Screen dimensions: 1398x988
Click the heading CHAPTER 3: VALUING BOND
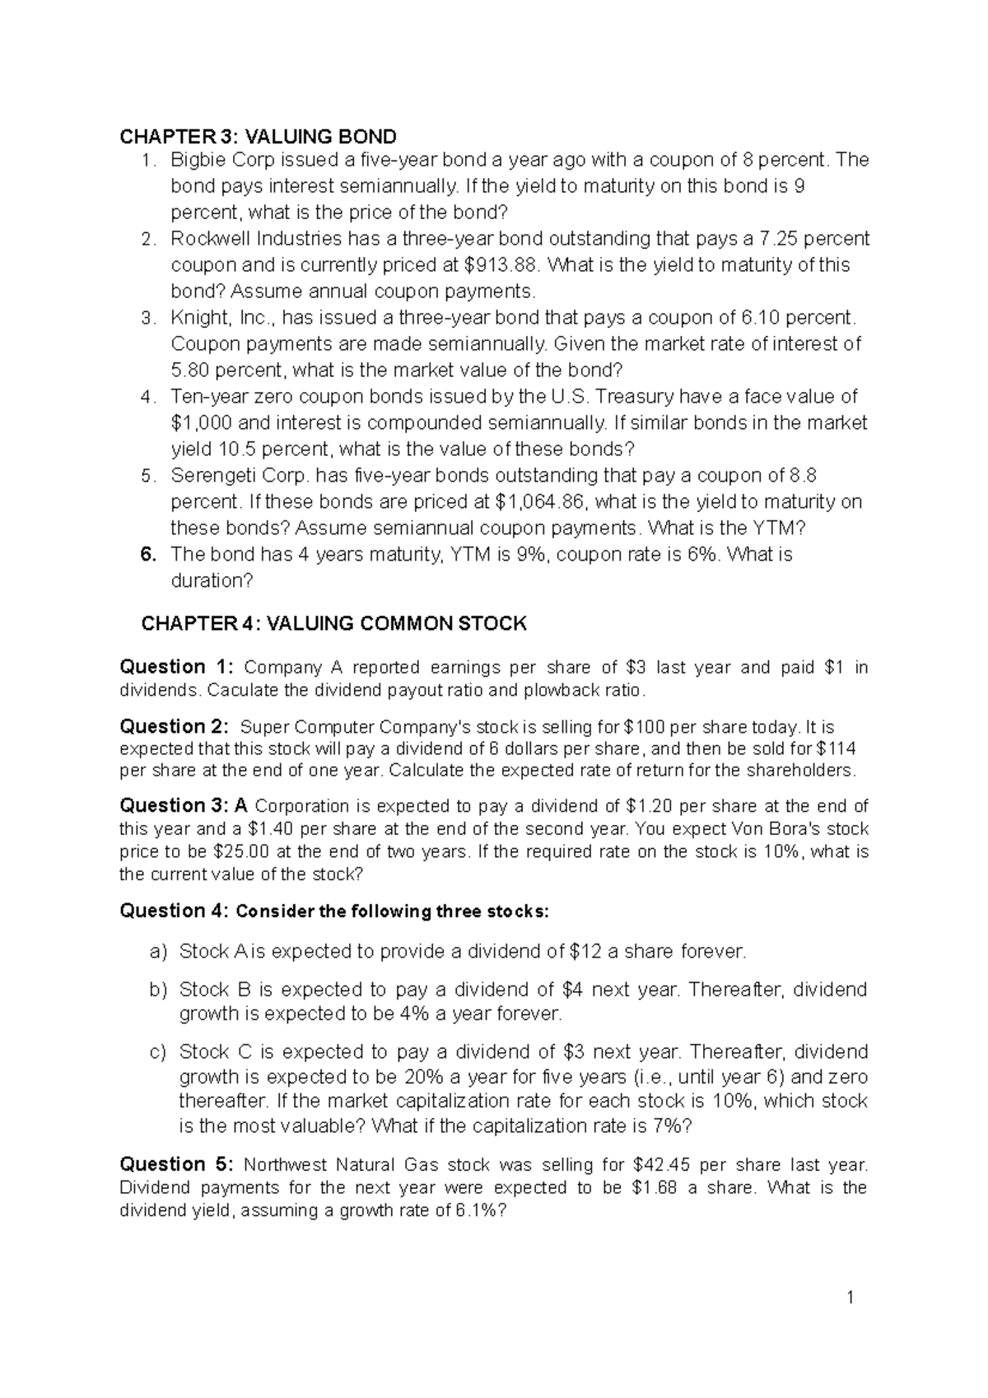tap(258, 136)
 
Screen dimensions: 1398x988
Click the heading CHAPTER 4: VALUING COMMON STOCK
tap(333, 623)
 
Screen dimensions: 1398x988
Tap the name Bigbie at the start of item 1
tap(195, 160)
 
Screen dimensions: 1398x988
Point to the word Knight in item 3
tap(196, 318)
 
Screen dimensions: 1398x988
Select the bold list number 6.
tap(148, 555)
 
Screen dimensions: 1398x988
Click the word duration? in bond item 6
tap(212, 581)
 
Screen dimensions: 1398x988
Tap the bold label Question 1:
tap(177, 668)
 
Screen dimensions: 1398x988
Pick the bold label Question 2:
tap(175, 727)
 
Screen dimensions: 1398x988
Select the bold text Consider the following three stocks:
tap(391, 911)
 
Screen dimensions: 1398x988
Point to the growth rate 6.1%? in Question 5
tap(482, 1210)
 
